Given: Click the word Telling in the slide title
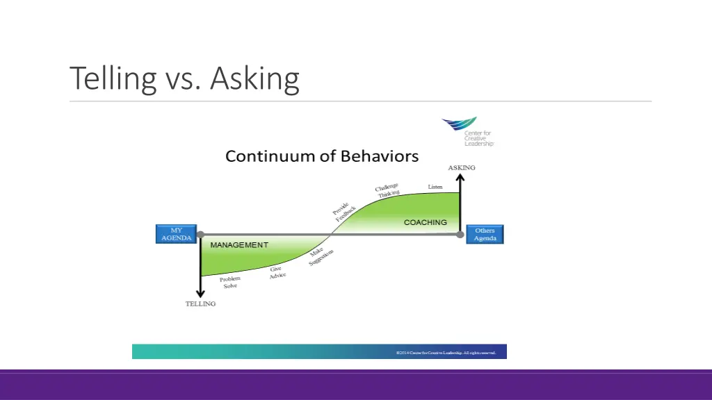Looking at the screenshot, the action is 113,79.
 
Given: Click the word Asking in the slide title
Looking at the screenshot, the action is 254,79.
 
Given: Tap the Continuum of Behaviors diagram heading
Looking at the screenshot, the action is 321,156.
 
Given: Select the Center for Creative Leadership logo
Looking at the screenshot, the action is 467,132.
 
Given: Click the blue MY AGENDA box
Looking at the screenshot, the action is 176,234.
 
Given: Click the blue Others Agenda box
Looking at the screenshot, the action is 485,235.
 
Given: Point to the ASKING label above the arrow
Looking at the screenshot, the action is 461,167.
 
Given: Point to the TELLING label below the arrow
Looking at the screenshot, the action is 200,303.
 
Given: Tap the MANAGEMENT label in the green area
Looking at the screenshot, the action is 239,245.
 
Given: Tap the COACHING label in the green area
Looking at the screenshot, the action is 425,222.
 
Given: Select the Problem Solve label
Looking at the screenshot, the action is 230,282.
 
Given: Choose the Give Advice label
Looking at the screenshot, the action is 277,273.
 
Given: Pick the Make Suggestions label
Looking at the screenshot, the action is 320,257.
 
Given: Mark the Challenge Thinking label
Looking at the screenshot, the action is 388,190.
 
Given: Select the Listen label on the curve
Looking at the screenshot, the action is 435,187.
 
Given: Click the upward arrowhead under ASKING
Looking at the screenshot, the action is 460,177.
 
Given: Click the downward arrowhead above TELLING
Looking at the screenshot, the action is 200,292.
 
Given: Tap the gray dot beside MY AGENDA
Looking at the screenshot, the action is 200,235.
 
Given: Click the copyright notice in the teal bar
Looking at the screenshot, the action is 446,353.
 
